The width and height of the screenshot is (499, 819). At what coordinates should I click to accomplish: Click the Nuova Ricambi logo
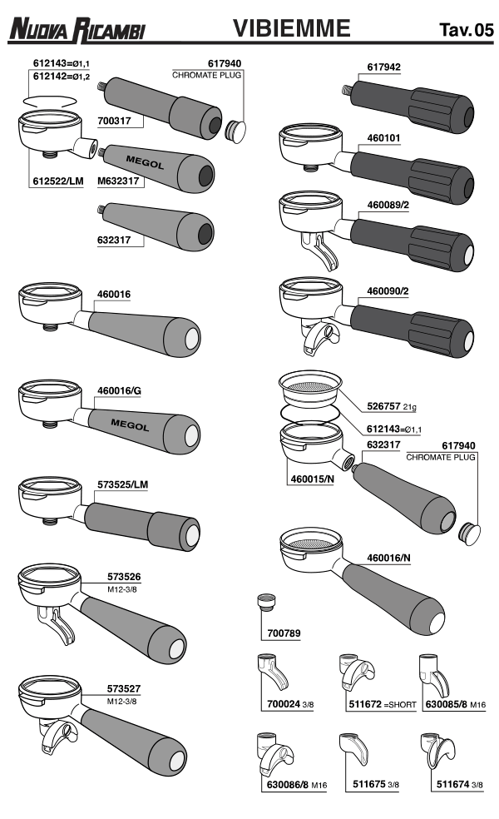click(x=77, y=29)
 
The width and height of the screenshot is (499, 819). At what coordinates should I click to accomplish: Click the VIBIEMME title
click(x=291, y=27)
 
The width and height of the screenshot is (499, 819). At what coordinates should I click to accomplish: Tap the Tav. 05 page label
click(x=466, y=30)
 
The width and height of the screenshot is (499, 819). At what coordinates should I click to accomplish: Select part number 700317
click(x=114, y=121)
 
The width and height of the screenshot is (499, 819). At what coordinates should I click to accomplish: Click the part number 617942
click(x=383, y=67)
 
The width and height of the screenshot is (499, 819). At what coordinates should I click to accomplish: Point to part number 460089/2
click(x=388, y=205)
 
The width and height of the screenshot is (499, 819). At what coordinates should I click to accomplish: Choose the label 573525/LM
click(x=122, y=484)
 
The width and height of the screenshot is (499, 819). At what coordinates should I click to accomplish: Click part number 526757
click(x=383, y=406)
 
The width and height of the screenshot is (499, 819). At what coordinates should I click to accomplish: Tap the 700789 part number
click(x=284, y=633)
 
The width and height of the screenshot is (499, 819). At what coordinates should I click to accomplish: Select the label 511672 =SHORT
click(x=383, y=704)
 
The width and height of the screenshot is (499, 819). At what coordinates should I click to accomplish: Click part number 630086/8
click(x=288, y=785)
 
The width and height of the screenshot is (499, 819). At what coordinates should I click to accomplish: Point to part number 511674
click(x=453, y=784)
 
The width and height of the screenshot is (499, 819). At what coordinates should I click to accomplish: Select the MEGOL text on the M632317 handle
click(x=145, y=162)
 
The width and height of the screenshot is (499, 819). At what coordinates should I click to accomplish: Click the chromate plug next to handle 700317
click(x=235, y=130)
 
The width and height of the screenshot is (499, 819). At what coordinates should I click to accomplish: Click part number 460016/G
click(x=119, y=390)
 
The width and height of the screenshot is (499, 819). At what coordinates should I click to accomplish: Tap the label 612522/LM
click(x=58, y=181)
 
